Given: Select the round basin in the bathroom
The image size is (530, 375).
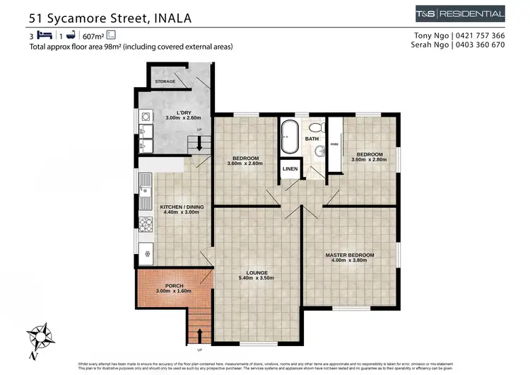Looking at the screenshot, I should click(320, 150).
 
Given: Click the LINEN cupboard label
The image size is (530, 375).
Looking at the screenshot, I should click(290, 169).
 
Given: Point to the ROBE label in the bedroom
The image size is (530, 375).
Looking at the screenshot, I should click(334, 144).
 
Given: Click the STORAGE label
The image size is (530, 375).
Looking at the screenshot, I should click(165, 82).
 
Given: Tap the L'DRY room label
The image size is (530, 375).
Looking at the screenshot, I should click(174, 113).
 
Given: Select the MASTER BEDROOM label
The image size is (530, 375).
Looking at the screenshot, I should click(349, 255).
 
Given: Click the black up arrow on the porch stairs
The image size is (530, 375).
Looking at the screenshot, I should click(200, 333).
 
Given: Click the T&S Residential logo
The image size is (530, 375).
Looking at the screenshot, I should click(461, 14).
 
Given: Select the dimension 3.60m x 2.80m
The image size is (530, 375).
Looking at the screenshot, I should click(369, 161).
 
